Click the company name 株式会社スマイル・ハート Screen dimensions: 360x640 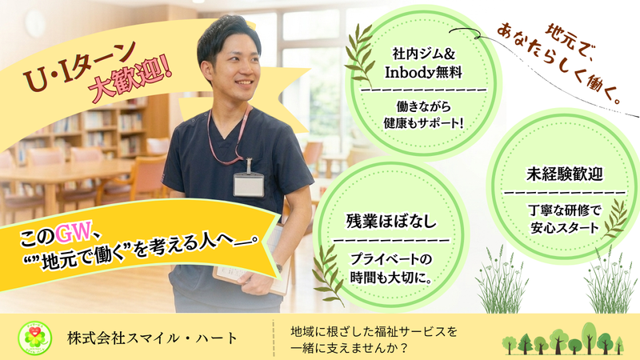click(152, 337)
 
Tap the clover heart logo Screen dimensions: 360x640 click(37, 337)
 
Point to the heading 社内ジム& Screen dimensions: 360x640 click(425, 54)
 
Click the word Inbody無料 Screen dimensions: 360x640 click(425, 73)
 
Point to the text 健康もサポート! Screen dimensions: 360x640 click(425, 125)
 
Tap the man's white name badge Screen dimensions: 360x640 click(249, 184)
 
